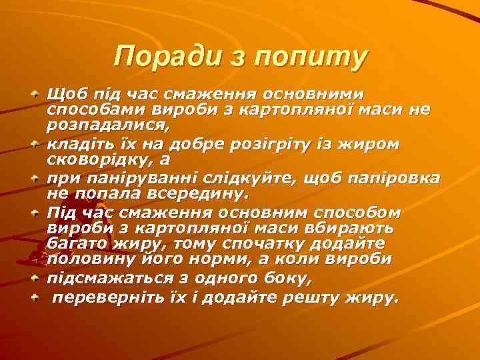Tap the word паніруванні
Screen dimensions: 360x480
click(x=118, y=177)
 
